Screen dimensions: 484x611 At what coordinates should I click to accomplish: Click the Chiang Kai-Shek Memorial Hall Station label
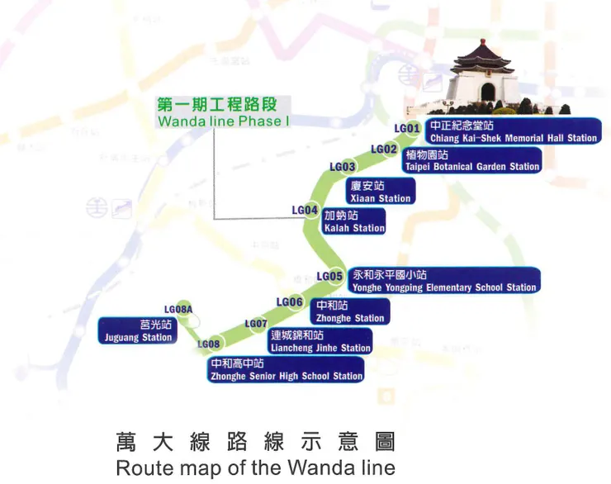513,132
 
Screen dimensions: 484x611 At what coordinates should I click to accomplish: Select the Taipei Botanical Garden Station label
471,160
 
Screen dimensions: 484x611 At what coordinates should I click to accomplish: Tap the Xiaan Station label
380,192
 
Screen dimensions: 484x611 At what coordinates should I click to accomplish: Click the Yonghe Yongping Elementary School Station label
444,281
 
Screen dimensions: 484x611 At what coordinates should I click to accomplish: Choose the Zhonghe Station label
350,311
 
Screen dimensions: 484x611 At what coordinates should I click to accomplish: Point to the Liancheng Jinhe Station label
320,342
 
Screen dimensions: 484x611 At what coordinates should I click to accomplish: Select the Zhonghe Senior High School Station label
286,369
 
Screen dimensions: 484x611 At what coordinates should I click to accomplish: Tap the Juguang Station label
138,331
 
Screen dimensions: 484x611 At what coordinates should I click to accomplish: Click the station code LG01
407,128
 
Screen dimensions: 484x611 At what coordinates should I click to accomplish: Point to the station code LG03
343,167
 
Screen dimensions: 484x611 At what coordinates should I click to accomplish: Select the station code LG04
305,211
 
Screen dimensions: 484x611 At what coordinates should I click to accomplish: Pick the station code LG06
289,301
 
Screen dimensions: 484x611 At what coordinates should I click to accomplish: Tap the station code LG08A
178,310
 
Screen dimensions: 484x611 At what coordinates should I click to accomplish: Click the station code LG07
256,324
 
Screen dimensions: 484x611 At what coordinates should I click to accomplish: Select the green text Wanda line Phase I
225,122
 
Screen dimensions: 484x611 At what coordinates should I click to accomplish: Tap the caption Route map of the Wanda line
255,467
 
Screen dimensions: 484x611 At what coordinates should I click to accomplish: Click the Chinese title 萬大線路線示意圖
255,441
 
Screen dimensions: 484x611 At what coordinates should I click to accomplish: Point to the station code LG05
329,276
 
